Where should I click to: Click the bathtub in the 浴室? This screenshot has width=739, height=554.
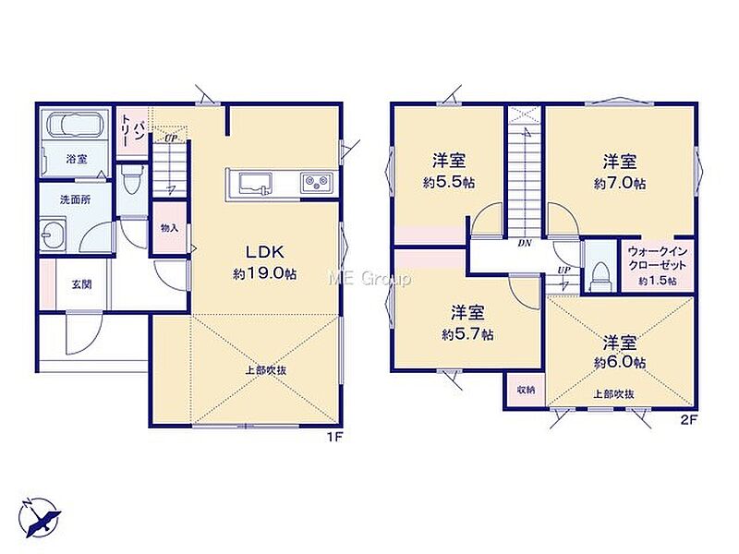pos(76,125)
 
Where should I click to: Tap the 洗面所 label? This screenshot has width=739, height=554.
pos(76,199)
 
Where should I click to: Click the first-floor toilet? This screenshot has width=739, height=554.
pos(130,180)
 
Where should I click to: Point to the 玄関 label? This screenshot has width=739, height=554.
pos(82,284)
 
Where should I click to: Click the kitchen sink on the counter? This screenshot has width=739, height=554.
pos(255,184)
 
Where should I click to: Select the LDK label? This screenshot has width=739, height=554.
pos(265,252)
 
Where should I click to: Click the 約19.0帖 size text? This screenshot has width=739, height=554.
pos(264,273)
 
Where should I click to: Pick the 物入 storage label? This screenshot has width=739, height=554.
pos(170,228)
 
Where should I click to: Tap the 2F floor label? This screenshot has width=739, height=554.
pos(688,420)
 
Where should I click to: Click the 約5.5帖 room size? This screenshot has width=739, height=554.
pos(449,183)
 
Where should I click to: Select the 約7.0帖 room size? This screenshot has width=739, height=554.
pos(619,183)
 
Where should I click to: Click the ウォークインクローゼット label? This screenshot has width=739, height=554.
pos(658,259)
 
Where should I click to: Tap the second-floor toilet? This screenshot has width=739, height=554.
pos(600,276)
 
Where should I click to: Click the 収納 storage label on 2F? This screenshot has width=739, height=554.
pos(525,390)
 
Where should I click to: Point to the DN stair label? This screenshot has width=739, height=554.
pos(525,243)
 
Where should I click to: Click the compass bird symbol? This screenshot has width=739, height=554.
pos(41,518)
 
